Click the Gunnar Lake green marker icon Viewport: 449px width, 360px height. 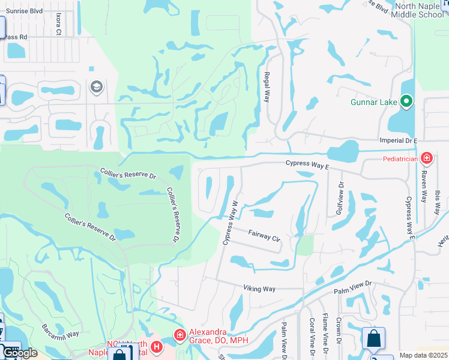click(407, 101)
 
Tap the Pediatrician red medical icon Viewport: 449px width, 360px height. click(426, 159)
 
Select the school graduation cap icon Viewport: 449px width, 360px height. click(95, 88)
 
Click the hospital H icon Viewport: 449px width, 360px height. click(157, 347)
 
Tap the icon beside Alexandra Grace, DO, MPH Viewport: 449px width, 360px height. click(179, 335)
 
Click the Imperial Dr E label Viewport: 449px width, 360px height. click(398, 140)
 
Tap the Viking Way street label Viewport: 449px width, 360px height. click(259, 289)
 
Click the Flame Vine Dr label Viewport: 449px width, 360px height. click(325, 334)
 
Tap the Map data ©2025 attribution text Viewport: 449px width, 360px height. click(423, 355)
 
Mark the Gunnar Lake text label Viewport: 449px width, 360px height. click(373, 102)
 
